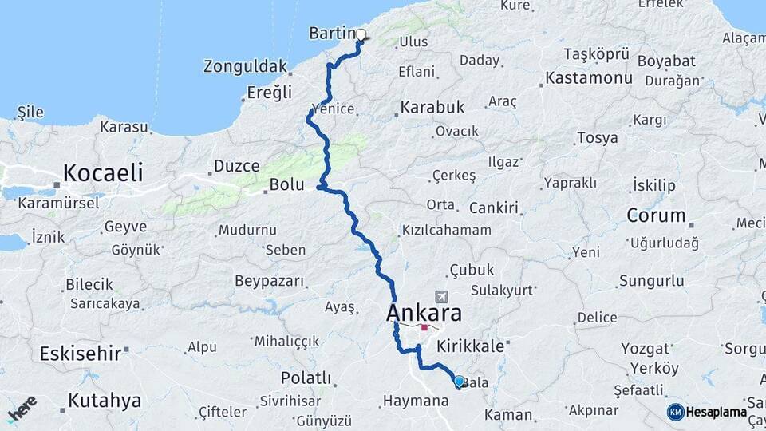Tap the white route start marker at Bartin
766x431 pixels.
(361, 34)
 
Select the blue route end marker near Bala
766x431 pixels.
(459, 382)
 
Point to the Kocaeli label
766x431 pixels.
(103, 172)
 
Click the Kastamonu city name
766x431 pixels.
(589, 78)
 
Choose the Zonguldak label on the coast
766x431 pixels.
(244, 65)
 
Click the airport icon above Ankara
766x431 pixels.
(442, 297)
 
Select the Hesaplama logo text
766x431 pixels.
(716, 412)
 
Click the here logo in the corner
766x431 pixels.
(22, 409)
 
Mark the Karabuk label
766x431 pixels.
(432, 106)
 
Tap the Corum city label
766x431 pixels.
(656, 215)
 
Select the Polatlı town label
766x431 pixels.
(306, 377)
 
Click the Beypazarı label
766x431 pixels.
(270, 280)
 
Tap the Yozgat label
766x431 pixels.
(646, 349)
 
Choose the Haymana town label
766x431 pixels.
(416, 401)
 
